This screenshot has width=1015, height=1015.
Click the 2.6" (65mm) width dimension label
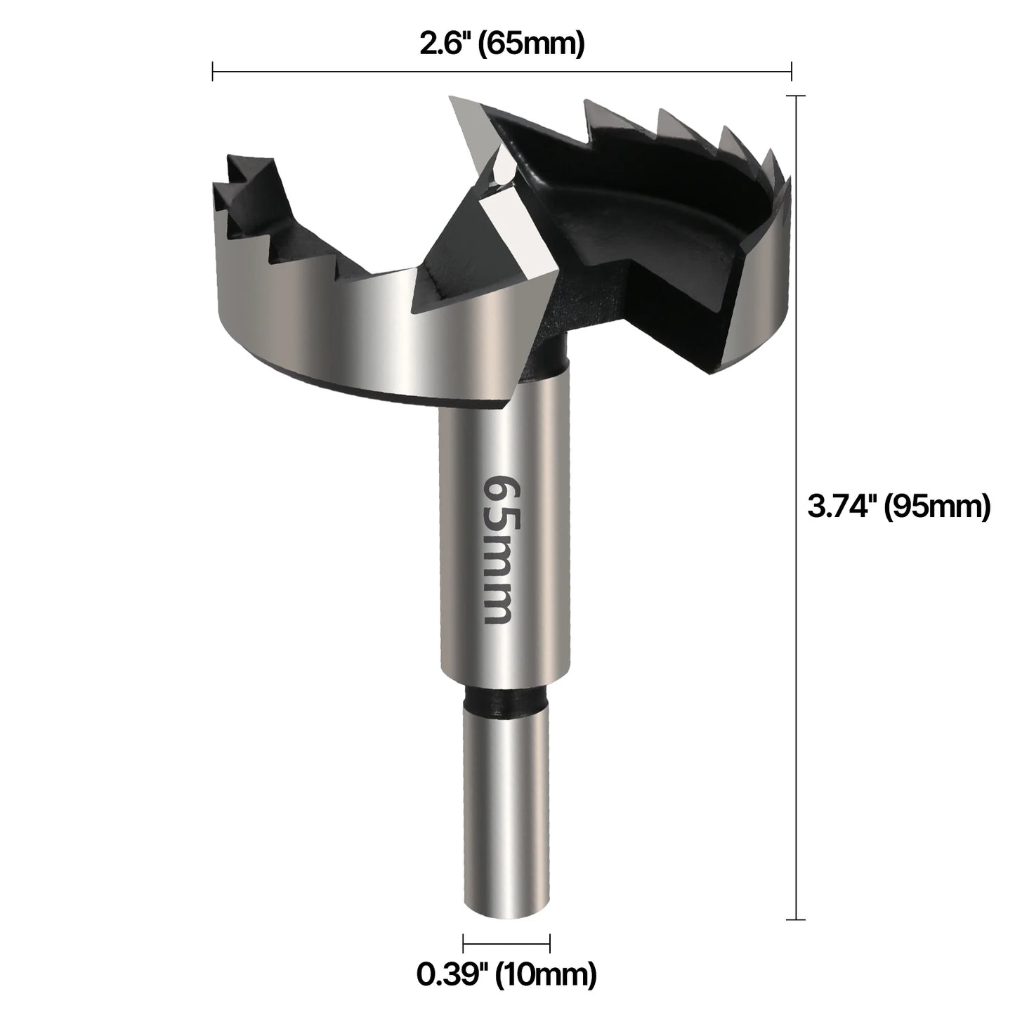pos(502,45)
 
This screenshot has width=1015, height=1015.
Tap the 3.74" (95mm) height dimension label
pos(898,506)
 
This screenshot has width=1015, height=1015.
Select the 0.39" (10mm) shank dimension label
pos(506,974)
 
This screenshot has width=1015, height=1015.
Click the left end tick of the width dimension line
pos(213,71)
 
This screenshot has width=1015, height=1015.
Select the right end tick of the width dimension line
pos(792,71)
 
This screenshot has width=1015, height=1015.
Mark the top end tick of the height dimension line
pos(795,96)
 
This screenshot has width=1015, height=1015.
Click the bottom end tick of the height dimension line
pos(795,919)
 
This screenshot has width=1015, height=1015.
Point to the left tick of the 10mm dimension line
pos(464,943)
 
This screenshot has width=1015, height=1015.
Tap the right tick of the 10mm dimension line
pos(549,943)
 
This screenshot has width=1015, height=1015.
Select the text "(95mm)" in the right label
pos(937,506)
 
